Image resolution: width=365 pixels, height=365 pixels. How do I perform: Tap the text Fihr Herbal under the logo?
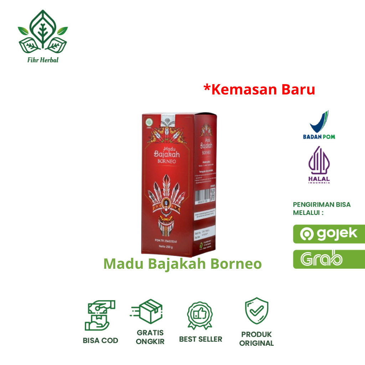43,60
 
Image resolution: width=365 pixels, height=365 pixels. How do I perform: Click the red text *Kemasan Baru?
259,89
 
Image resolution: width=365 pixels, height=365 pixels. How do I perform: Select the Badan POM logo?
319,125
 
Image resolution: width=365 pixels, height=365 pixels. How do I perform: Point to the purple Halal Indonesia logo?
319,166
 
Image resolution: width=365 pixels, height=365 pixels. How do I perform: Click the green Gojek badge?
329,234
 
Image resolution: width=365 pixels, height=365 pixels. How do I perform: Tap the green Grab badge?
329,259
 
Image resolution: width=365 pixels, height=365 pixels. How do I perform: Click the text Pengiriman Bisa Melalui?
322,209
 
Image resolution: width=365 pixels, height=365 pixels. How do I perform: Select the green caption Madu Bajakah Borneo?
182,264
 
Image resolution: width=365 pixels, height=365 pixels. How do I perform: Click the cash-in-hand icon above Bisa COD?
100,315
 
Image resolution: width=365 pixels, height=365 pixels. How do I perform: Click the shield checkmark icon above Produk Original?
256,311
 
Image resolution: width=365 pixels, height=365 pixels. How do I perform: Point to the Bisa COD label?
100,340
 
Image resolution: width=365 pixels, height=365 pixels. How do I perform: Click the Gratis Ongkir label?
150,337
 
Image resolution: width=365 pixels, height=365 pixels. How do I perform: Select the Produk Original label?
256,339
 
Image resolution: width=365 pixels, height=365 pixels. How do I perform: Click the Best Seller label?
200,339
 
